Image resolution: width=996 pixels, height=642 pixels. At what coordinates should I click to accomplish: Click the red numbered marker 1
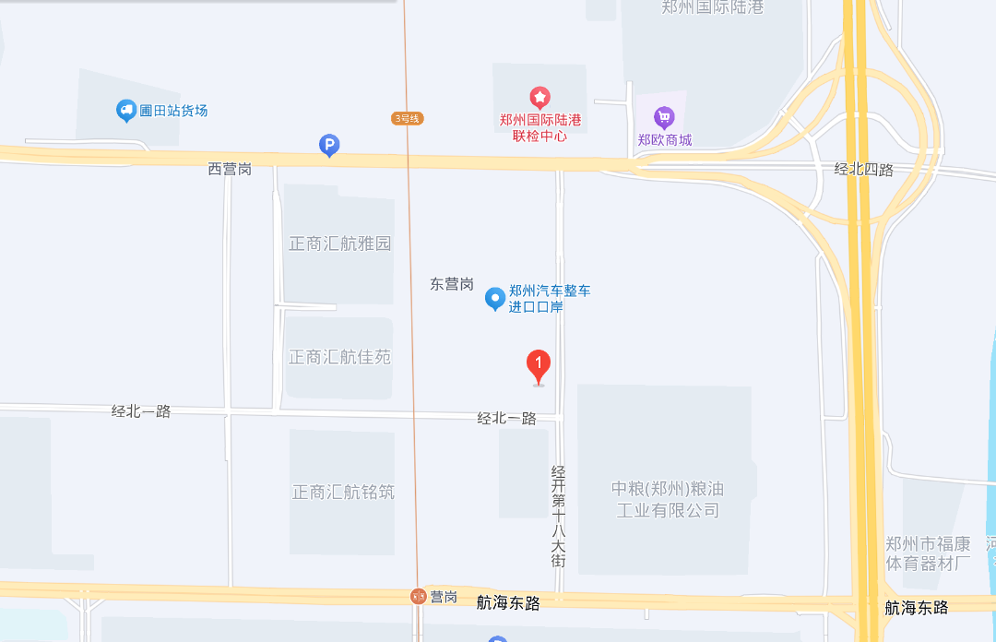click(539, 365)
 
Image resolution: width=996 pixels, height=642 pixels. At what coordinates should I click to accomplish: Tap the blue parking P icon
click(329, 145)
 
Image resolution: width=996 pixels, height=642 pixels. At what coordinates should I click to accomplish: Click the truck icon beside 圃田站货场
click(126, 111)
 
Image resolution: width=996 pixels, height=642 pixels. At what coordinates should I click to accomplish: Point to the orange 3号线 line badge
click(407, 118)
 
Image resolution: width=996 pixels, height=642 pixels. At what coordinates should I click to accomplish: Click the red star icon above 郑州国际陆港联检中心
click(539, 97)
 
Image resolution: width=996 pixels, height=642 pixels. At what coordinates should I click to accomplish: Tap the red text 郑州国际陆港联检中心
click(539, 127)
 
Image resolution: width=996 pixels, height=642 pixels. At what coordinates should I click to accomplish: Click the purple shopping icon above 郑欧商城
click(664, 117)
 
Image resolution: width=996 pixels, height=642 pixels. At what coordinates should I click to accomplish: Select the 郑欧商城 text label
click(664, 140)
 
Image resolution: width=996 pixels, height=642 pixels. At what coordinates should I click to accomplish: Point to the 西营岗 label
click(230, 169)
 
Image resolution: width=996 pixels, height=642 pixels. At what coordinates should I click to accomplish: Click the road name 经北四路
click(863, 169)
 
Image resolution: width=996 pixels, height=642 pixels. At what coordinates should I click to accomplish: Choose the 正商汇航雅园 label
click(340, 244)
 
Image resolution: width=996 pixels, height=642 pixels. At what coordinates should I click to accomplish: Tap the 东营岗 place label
click(452, 284)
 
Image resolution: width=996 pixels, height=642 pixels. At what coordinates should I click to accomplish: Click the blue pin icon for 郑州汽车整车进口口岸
click(495, 298)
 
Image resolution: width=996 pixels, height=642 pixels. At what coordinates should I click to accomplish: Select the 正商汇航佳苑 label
click(340, 357)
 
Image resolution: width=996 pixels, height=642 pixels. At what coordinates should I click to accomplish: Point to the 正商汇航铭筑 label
click(343, 492)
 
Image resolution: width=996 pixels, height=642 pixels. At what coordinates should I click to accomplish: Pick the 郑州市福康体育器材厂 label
click(928, 553)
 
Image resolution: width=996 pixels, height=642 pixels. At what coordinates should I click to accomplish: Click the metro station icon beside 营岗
click(418, 597)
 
